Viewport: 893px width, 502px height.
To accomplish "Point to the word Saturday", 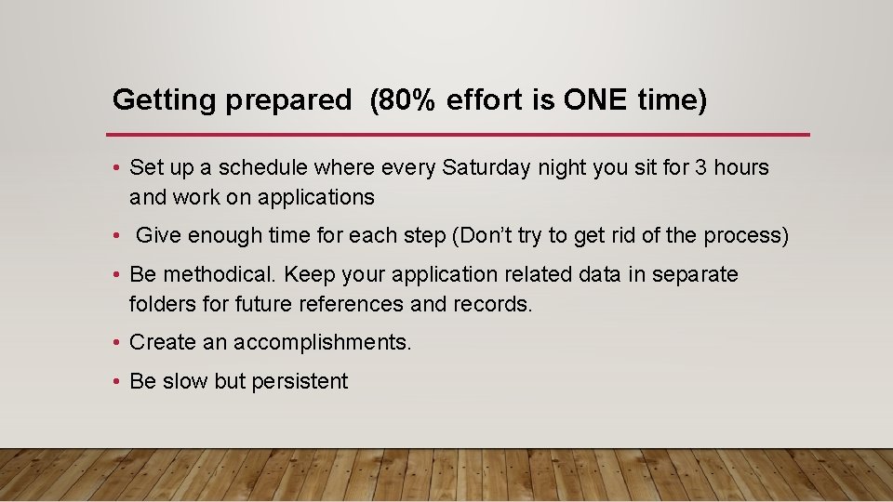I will pos(484,168).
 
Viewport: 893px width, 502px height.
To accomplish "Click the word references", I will pos(354,304).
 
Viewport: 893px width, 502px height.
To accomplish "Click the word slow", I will pos(184,382).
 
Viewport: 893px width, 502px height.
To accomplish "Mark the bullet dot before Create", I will pos(115,343).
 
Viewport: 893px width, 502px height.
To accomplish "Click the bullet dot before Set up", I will pos(115,168).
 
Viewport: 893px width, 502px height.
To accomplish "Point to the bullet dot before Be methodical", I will pos(115,275).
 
